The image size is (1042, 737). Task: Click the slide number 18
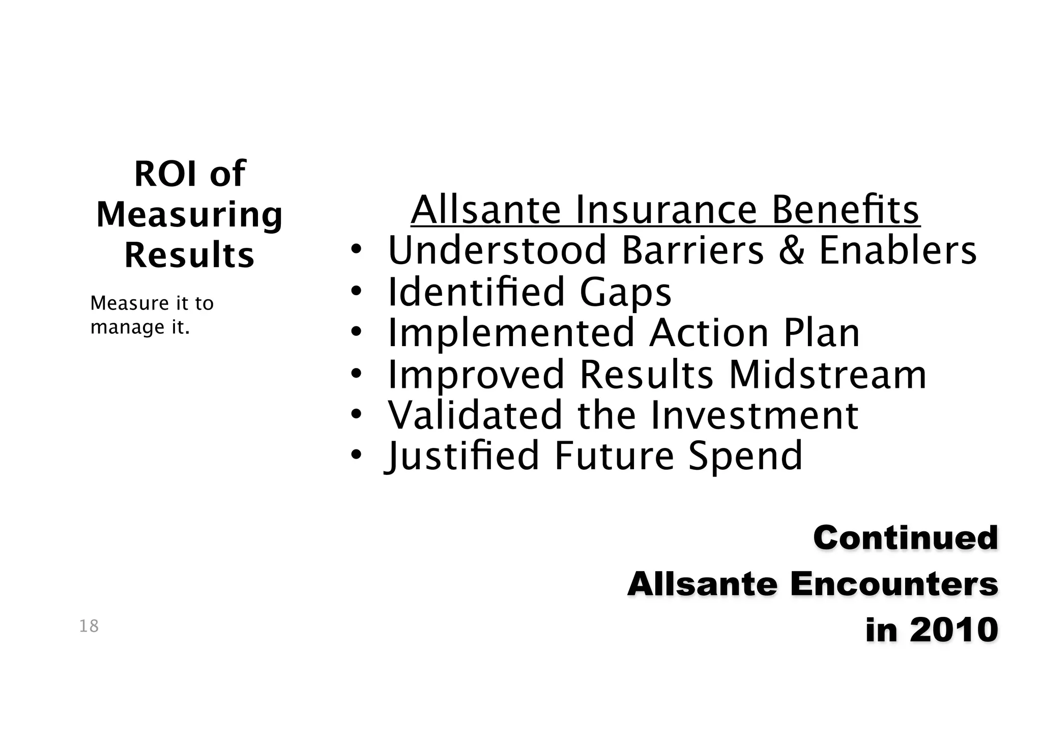click(89, 626)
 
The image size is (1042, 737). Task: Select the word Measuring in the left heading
click(189, 215)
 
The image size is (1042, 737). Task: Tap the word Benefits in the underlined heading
click(846, 210)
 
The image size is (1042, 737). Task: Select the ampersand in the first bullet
click(792, 251)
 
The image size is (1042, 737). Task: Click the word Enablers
click(898, 251)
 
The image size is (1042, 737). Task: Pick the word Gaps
click(625, 293)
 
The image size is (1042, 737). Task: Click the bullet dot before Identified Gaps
click(356, 291)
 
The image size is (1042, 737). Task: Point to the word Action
click(709, 333)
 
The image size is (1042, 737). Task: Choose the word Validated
click(476, 415)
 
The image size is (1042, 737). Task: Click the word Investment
click(755, 415)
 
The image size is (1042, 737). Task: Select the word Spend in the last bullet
click(745, 457)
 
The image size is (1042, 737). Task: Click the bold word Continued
click(906, 538)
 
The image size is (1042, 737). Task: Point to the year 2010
click(954, 630)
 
